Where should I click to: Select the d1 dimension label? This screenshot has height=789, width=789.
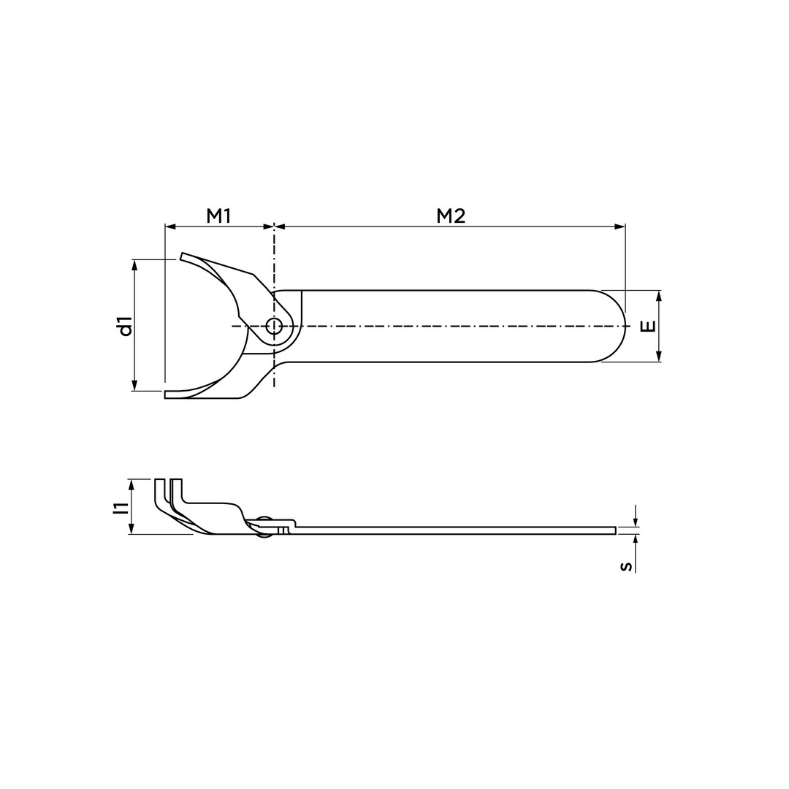[x=126, y=326]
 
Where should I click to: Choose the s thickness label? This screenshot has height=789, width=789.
[x=626, y=567]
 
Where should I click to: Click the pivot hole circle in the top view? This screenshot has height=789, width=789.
[x=274, y=326]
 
